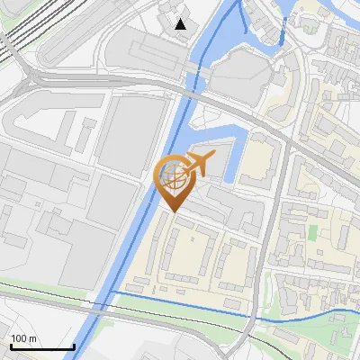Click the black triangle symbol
point(182,23)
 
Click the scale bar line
point(41,347)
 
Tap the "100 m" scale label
point(24,339)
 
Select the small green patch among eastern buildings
point(313,232)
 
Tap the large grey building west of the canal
point(130,135)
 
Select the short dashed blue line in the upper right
point(283,36)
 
